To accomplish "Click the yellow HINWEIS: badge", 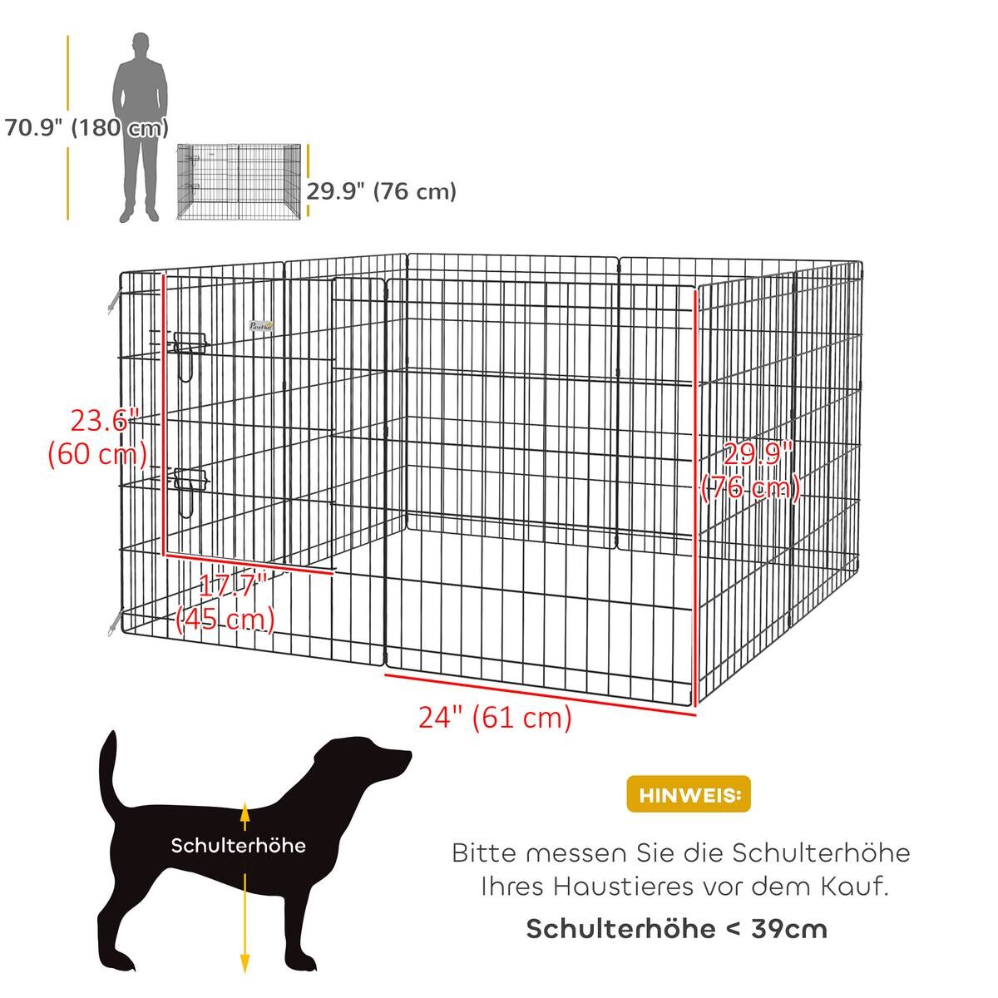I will pyautogui.click(x=688, y=795).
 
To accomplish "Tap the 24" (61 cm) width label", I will pyautogui.click(x=495, y=717).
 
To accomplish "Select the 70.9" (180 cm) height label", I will pyautogui.click(x=86, y=128).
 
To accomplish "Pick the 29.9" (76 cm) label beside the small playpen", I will pyautogui.click(x=382, y=191).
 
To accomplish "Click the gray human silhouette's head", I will pyautogui.click(x=140, y=46).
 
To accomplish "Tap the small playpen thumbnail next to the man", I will pyautogui.click(x=239, y=182).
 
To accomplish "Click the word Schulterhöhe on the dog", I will pyautogui.click(x=239, y=846).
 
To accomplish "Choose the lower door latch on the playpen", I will pyautogui.click(x=190, y=481).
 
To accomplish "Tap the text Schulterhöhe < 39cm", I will pyautogui.click(x=677, y=928).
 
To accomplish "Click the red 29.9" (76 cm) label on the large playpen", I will pyautogui.click(x=750, y=471).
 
